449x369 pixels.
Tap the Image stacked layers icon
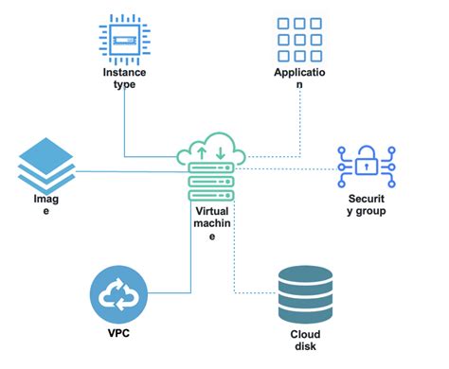click(45, 165)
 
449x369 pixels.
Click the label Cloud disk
click(306, 340)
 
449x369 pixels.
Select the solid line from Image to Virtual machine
click(123, 171)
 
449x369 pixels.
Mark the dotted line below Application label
click(300, 123)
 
